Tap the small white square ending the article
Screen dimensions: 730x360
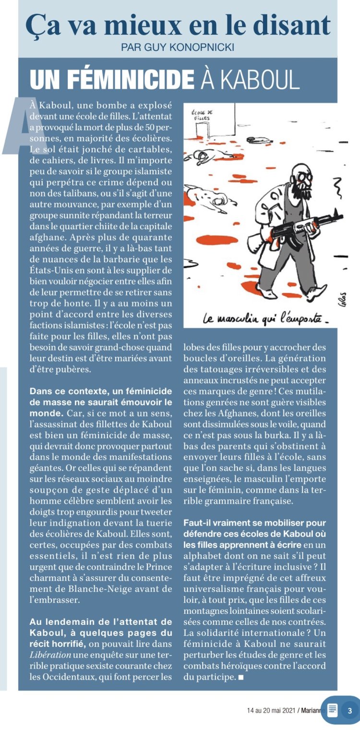pos(240,677)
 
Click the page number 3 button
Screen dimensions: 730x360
pos(349,710)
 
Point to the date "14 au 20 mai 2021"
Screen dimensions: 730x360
pos(271,710)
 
